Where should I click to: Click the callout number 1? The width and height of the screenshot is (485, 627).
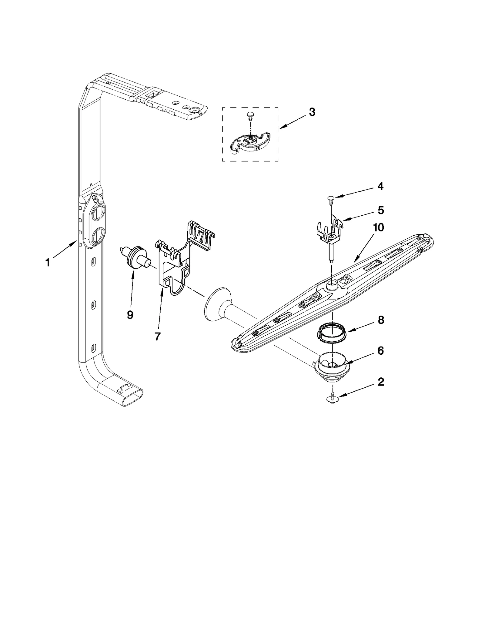47,263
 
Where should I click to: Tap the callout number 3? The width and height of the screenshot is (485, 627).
312,112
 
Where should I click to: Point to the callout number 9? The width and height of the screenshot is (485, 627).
130,315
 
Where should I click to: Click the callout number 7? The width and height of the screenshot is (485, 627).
157,336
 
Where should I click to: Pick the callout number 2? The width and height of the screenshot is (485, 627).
381,382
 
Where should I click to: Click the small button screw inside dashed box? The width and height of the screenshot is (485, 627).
250,115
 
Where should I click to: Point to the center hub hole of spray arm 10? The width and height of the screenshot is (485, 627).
333,283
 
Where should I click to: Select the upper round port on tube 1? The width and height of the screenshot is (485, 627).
98,214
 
